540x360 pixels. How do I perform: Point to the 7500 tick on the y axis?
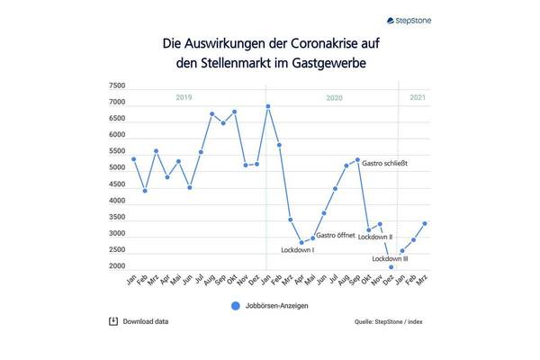[117, 86]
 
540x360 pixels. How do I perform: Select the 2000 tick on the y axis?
[117, 266]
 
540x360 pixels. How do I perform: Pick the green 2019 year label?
[184, 96]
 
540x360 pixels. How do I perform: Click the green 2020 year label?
[334, 96]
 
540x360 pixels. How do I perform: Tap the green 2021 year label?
[418, 96]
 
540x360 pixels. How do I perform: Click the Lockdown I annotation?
[297, 250]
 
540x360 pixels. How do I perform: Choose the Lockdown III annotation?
[390, 258]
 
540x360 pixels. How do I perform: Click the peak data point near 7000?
[268, 106]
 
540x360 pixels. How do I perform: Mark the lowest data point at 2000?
[391, 267]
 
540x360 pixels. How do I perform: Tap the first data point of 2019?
[133, 158]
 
